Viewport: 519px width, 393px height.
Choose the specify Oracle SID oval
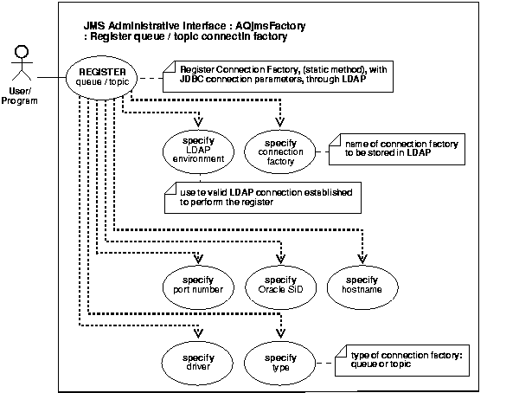click(280, 285)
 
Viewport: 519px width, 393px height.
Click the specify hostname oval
click(362, 285)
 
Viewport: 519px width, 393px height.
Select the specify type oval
click(280, 361)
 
